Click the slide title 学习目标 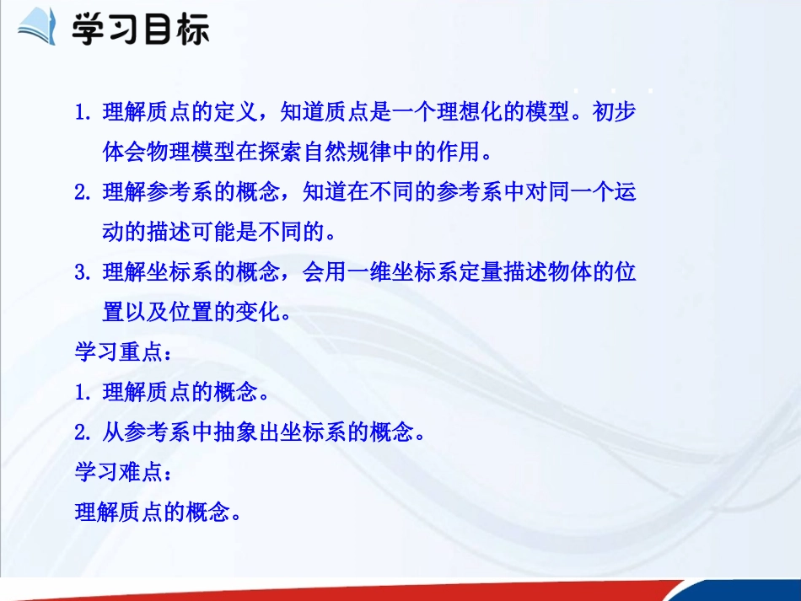click(x=140, y=30)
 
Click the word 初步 click(x=615, y=113)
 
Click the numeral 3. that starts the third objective click(x=83, y=273)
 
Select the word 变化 click(x=260, y=313)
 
